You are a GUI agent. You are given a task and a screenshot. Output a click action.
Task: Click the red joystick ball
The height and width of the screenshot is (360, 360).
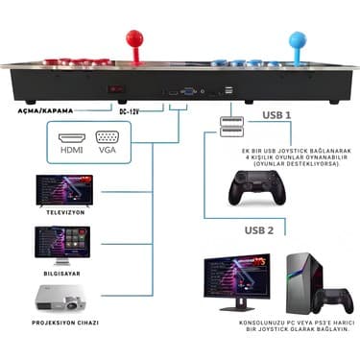coord(132,40)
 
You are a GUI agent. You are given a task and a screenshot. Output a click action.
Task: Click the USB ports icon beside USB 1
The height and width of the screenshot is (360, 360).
coord(230,128)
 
